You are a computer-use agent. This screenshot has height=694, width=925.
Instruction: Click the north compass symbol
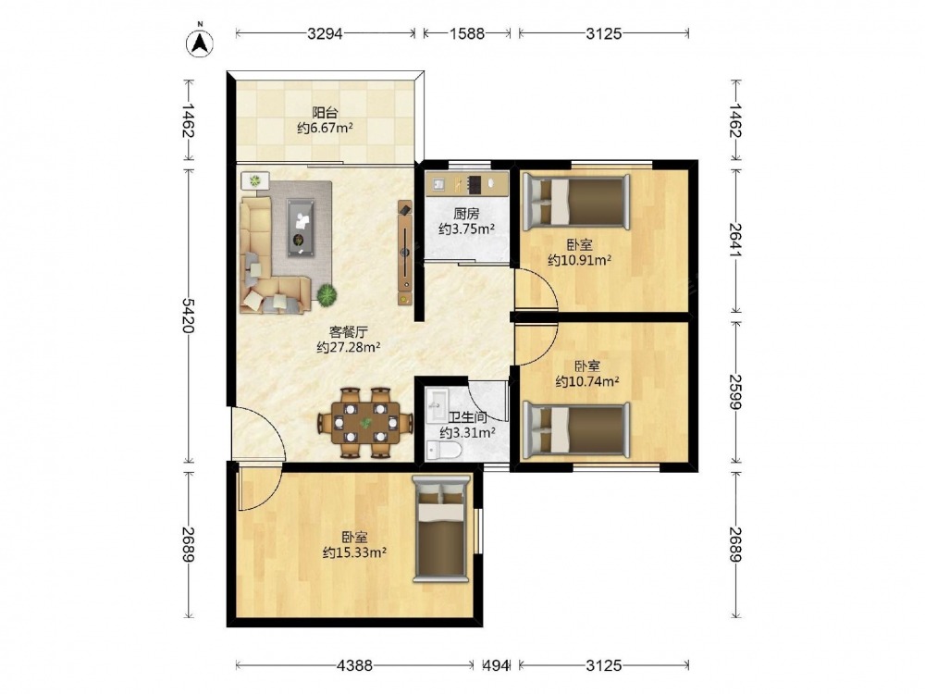[x=200, y=43]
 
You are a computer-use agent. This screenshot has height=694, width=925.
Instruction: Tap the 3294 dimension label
[x=325, y=33]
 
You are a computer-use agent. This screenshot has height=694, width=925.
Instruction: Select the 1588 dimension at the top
[x=467, y=33]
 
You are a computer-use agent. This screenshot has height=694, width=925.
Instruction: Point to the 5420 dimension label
[x=188, y=316]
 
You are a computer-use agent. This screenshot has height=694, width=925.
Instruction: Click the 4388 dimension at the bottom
[x=354, y=665]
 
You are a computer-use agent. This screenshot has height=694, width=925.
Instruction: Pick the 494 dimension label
[x=496, y=665]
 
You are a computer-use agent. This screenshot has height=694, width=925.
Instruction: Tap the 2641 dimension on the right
[x=735, y=239]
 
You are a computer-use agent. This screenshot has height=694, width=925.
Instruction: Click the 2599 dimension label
[x=735, y=391]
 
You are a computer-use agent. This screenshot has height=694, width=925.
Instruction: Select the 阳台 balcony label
[x=325, y=112]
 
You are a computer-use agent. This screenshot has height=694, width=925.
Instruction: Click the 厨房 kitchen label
[x=466, y=214]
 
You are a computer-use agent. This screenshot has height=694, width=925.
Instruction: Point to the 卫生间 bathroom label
[x=468, y=417]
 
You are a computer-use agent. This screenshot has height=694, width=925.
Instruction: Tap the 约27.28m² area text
[x=348, y=347]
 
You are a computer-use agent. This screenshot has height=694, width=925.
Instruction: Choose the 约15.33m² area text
[x=354, y=552]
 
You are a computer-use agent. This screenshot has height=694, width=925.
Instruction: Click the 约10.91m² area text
[x=579, y=260]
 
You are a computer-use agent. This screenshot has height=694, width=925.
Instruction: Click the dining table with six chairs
[x=365, y=422]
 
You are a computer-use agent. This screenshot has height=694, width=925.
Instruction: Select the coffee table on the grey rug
[x=301, y=228]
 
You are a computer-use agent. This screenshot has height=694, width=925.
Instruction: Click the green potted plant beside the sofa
[x=327, y=294]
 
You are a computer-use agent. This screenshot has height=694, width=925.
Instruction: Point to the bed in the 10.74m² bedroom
[x=576, y=430]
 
